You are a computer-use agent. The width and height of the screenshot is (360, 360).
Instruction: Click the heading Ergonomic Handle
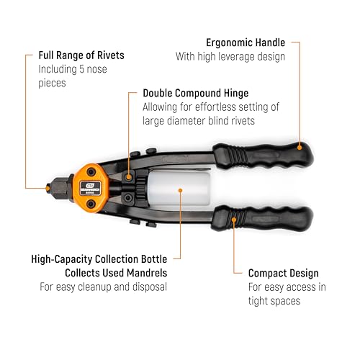(246, 42)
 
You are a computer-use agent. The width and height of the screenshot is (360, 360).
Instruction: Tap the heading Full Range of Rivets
(81, 55)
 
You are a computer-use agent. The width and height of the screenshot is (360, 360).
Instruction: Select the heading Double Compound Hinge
(196, 93)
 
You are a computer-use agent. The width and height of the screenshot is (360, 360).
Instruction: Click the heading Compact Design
(284, 273)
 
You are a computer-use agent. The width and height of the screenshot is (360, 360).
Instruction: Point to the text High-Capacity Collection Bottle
(99, 259)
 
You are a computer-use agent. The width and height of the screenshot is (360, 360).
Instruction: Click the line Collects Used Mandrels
(116, 273)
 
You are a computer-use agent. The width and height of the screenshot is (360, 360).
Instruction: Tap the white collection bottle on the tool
(179, 188)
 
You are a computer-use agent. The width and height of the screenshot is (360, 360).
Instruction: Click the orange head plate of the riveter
(91, 188)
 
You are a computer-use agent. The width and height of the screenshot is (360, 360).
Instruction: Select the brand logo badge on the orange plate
(90, 188)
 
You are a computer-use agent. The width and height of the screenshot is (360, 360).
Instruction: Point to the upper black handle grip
(263, 155)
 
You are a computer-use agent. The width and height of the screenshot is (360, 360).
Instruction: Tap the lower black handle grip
(263, 218)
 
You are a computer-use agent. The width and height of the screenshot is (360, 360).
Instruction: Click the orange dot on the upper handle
(300, 148)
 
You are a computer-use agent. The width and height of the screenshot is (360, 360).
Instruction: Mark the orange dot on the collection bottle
(181, 190)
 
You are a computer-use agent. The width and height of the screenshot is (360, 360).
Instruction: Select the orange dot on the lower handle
(234, 220)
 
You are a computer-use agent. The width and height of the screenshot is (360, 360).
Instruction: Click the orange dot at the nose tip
(48, 189)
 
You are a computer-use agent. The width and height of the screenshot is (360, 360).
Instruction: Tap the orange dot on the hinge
(129, 178)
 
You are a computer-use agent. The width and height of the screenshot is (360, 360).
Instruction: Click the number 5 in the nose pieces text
(81, 69)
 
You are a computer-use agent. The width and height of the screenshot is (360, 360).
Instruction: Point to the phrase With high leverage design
(230, 57)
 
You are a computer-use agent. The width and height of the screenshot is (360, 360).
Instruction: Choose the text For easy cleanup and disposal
(103, 287)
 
